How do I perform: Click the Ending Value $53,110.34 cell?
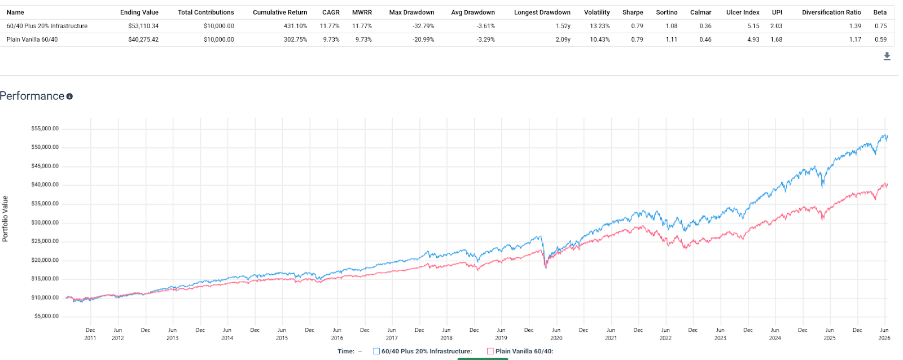click(x=143, y=26)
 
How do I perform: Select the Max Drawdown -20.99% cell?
click(x=423, y=39)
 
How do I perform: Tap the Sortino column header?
click(x=667, y=12)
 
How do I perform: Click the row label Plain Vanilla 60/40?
click(x=32, y=39)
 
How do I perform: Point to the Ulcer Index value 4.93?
click(x=753, y=39)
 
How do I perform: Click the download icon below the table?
click(x=887, y=56)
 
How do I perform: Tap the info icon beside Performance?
click(x=69, y=96)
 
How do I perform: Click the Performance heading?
click(x=32, y=96)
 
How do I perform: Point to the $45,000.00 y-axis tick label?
click(x=45, y=166)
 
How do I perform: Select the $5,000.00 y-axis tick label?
click(x=46, y=316)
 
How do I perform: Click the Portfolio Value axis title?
click(x=5, y=218)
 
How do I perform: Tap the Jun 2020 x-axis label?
click(x=556, y=334)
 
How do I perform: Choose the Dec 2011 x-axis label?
click(x=90, y=334)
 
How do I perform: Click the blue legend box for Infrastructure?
click(x=376, y=351)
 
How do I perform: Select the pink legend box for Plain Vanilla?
click(x=490, y=351)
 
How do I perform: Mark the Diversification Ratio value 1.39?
click(x=854, y=26)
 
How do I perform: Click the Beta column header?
click(x=880, y=12)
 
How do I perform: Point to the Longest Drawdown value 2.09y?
click(x=563, y=39)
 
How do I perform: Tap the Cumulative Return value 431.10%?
click(x=295, y=26)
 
